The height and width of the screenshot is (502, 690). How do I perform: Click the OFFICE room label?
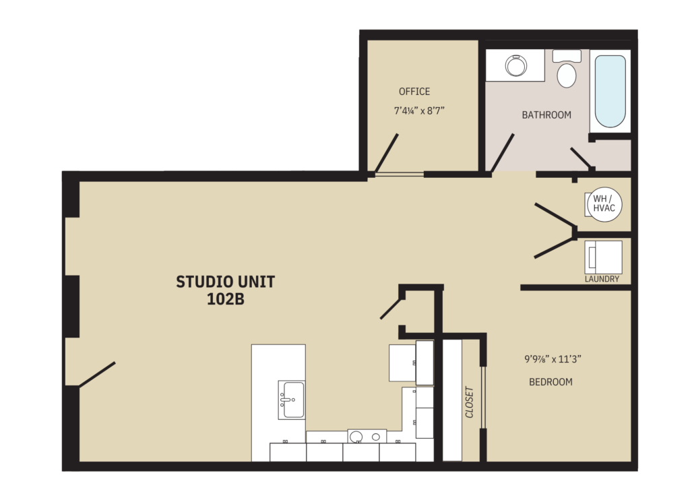coord(414,92)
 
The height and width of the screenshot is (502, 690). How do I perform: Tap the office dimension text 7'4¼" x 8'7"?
coord(418,111)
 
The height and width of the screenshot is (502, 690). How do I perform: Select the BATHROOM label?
coord(546,115)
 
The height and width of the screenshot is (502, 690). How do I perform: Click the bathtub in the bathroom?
coord(610,91)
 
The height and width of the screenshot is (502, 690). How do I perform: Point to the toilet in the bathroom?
coord(567,71)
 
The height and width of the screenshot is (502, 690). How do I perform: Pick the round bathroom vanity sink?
coord(516,66)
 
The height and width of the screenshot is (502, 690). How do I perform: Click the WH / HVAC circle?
coord(603,203)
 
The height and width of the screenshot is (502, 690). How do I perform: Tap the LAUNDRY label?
coord(602,279)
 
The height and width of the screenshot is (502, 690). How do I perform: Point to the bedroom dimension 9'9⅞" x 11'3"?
coord(553,359)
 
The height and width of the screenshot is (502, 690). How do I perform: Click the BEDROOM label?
coord(551,382)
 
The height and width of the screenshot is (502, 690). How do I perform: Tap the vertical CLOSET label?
coord(469,402)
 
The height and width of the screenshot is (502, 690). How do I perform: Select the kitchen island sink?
coord(291,400)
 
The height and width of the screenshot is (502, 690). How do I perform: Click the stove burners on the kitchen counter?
coord(367,437)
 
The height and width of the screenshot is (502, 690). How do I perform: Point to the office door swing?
coord(387,154)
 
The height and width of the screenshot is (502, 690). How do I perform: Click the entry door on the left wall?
coord(97,375)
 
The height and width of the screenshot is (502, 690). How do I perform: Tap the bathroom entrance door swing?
coord(503,152)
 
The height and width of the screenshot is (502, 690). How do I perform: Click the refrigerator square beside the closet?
coord(403,363)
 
